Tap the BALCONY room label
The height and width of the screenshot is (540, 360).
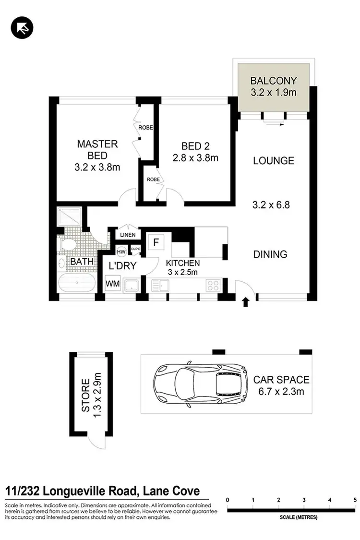[x=274, y=81]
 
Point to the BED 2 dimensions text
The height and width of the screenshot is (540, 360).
[x=195, y=157]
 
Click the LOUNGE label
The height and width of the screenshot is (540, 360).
[x=274, y=161]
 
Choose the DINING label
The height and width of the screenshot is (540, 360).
[x=270, y=254]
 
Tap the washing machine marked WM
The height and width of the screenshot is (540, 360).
[x=113, y=284]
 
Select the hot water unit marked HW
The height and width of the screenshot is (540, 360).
[x=121, y=251]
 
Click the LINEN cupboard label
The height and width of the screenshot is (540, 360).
[x=128, y=235]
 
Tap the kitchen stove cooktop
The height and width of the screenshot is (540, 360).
[x=213, y=286]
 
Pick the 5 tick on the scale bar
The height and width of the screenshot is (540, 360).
[x=355, y=500]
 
